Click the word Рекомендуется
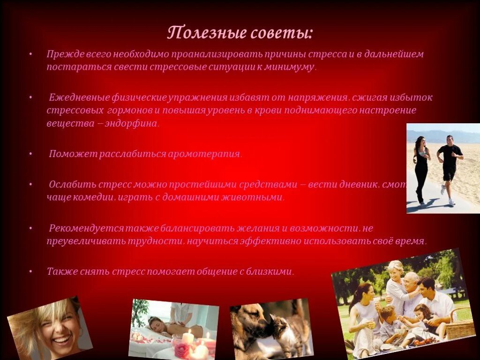pos(87,228)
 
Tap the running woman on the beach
pos(421,166)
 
